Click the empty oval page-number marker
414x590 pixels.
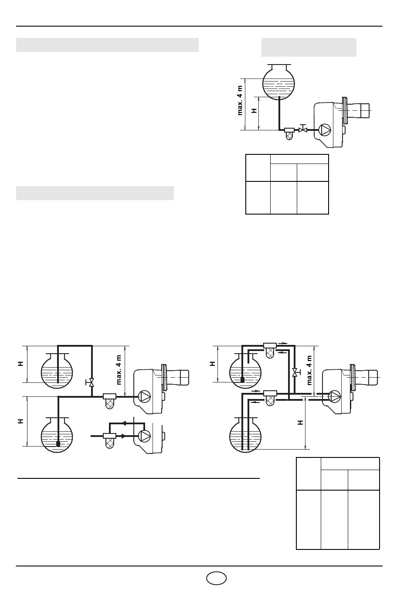[x=216, y=578]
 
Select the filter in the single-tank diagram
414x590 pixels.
[x=289, y=134]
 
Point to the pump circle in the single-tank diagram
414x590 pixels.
[x=325, y=130]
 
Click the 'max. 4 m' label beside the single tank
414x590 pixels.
[x=240, y=100]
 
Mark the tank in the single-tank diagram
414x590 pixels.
[x=279, y=82]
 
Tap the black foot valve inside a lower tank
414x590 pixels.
[x=58, y=444]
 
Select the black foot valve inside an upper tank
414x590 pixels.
[x=242, y=380]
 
